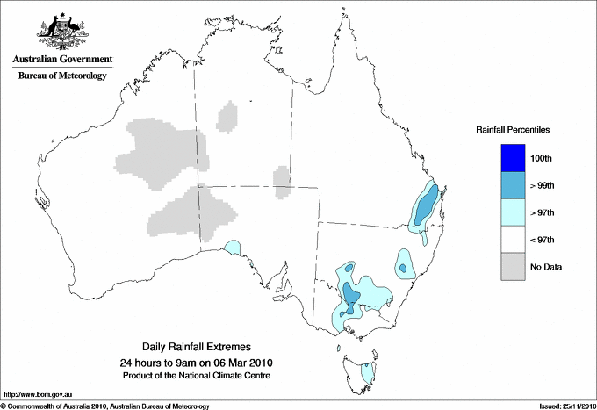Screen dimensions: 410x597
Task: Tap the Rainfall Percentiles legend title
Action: (513, 129)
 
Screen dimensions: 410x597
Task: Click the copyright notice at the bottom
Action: (105, 406)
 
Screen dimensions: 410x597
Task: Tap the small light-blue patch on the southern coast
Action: (233, 248)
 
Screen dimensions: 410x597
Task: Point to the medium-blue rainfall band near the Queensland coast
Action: (424, 208)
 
